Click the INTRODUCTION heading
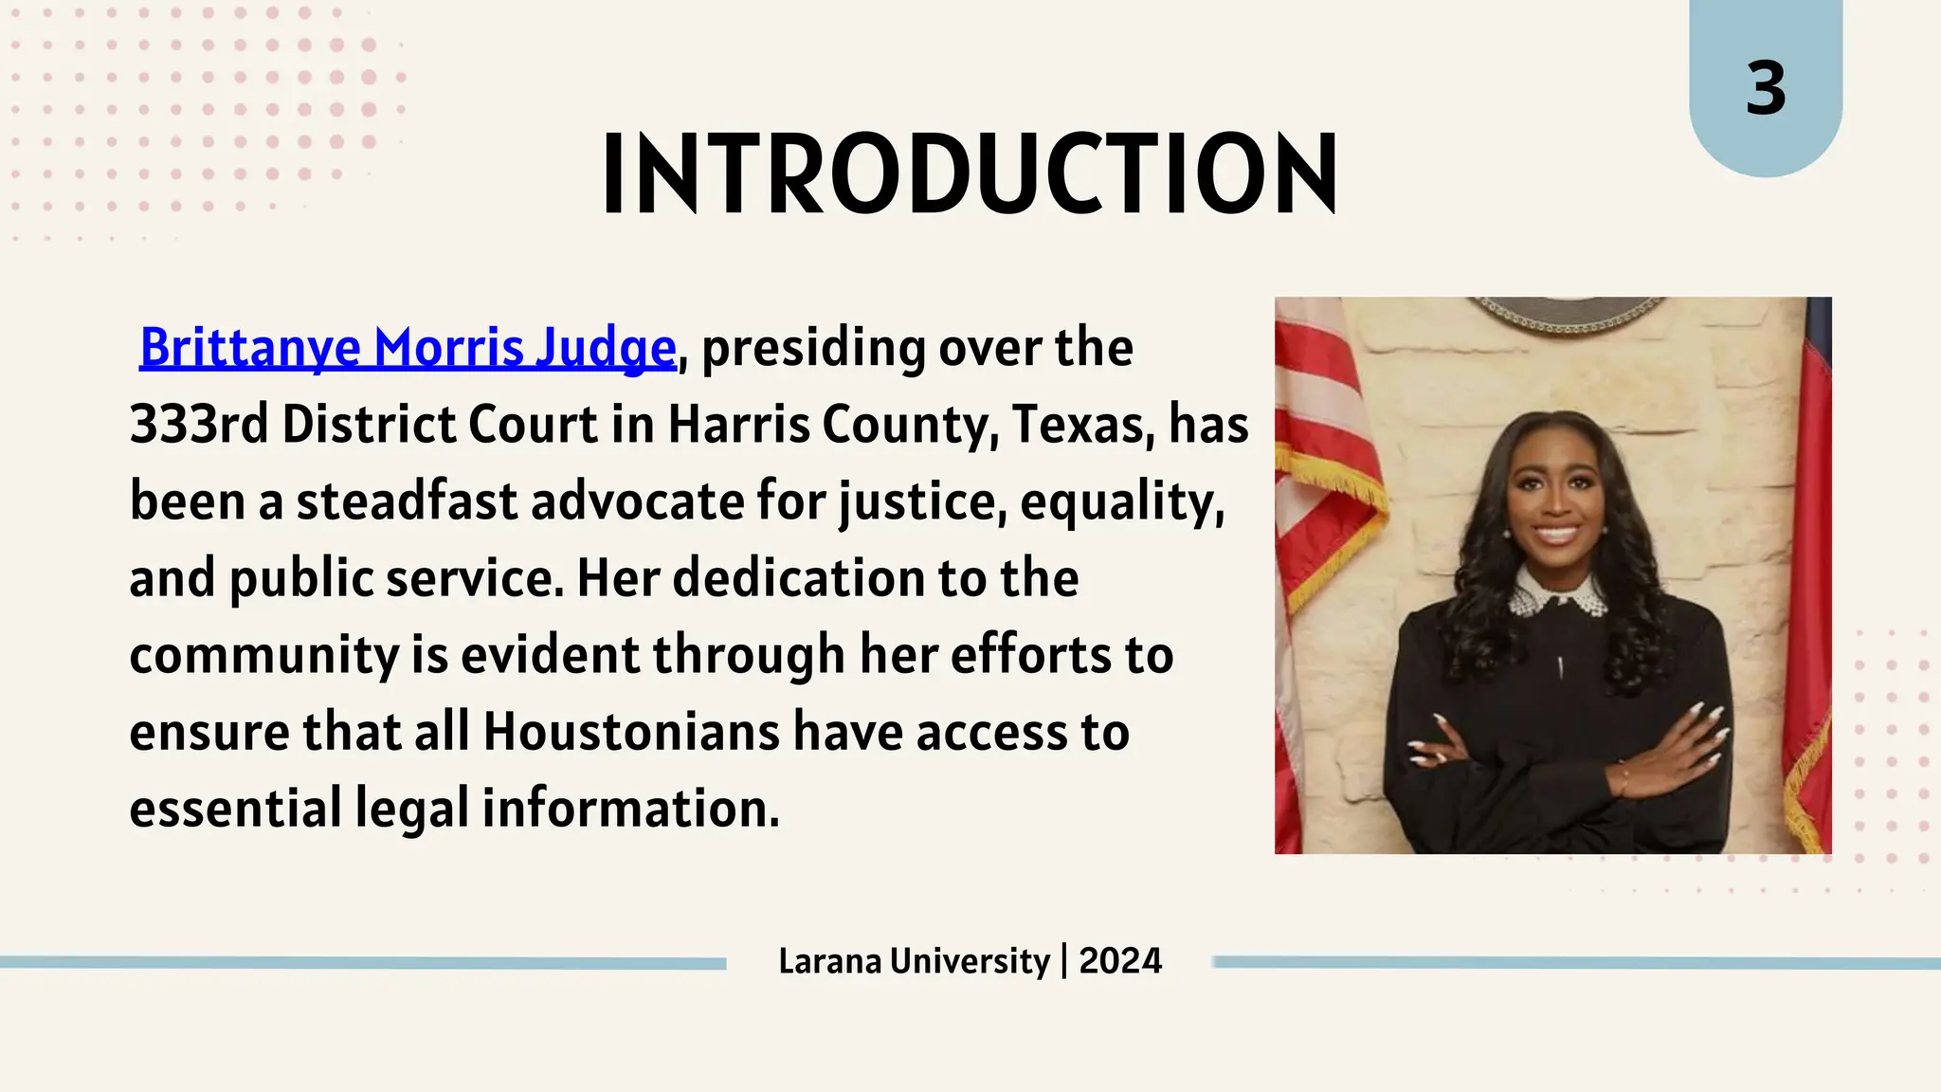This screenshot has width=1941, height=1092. coord(970,174)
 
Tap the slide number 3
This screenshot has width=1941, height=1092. coord(1766,89)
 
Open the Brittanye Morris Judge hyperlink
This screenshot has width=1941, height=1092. coord(408,348)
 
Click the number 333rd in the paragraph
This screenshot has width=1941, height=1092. coord(198,425)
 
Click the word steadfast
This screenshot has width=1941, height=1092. coord(407,501)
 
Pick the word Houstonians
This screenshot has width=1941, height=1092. coord(632,732)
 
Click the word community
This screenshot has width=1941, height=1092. coord(264,655)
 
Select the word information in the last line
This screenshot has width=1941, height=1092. coord(630,809)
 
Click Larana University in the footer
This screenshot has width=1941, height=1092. coord(914,961)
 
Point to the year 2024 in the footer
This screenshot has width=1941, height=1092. coord(1120,961)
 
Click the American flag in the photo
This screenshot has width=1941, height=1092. coord(1322,455)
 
